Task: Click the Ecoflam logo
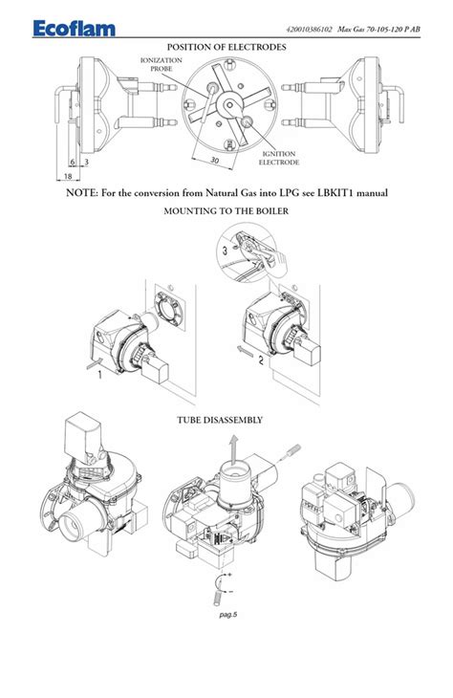(x=74, y=29)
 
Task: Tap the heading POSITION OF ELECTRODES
(x=226, y=47)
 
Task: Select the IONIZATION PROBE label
(x=162, y=64)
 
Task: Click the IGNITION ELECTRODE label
(x=279, y=158)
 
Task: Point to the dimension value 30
(x=214, y=160)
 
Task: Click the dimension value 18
(x=68, y=176)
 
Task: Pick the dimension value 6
(x=73, y=162)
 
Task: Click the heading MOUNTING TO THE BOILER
(x=226, y=211)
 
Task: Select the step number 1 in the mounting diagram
(x=99, y=375)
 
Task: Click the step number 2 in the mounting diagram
(x=261, y=360)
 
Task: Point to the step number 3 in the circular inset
(x=226, y=251)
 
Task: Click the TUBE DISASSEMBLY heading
(x=220, y=420)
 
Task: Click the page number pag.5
(x=227, y=615)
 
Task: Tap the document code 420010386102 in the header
(x=310, y=30)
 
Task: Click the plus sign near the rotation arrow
(x=230, y=576)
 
